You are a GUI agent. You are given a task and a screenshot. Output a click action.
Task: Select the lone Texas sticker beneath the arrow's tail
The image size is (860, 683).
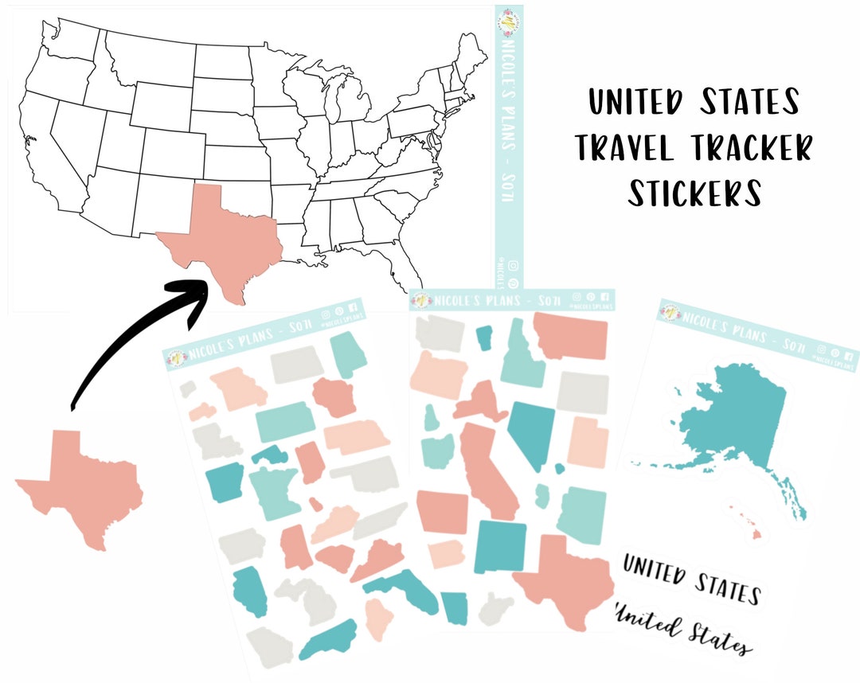click(80, 486)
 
